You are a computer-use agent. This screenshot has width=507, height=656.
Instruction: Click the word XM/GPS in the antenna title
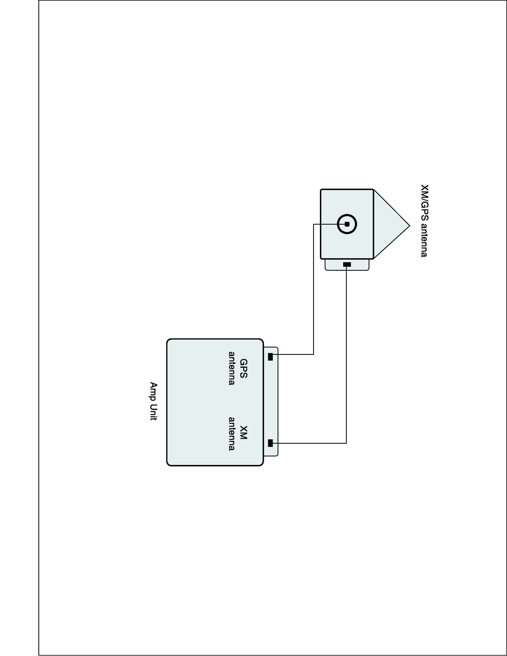coord(424,202)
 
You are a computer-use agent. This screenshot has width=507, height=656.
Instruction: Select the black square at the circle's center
coord(347,224)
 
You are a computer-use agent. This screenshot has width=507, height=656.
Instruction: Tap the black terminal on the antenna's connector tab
coord(347,264)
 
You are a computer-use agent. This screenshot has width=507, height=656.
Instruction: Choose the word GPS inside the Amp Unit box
coord(243,368)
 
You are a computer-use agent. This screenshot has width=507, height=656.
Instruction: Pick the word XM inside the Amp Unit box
coord(243,433)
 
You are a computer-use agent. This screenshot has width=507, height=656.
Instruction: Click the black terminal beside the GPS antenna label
coord(270,357)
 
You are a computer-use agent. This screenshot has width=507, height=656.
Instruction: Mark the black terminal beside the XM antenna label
coord(270,443)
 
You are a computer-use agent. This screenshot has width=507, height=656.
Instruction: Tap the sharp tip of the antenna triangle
coord(409,226)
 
